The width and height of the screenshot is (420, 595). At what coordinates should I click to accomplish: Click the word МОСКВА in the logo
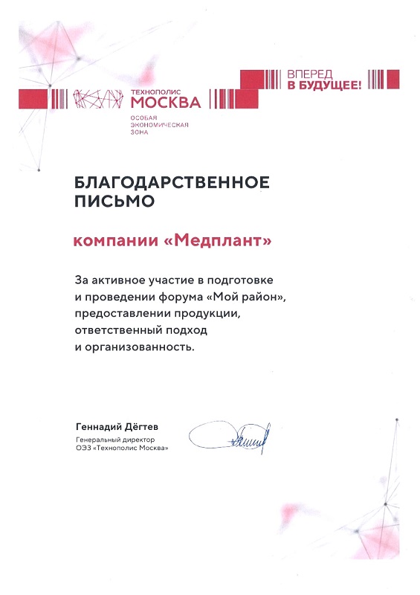coord(166,102)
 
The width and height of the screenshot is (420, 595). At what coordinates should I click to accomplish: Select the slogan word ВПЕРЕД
coord(307,75)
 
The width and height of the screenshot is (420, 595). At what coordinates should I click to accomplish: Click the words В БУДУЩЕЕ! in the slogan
coord(323,86)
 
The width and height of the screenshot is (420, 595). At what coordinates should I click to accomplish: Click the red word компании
coord(115,241)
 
